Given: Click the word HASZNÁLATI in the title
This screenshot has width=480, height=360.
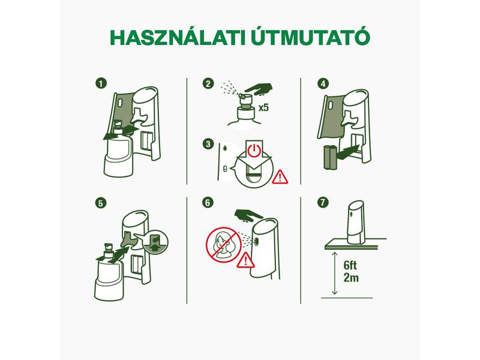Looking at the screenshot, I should coord(174,37).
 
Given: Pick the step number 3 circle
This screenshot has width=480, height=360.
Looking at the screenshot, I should coord(208,144).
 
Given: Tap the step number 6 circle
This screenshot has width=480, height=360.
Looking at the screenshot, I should coord(208,203).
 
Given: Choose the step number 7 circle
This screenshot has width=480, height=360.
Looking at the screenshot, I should coord(324,203).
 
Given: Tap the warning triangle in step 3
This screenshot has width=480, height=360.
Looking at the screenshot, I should coord(280,176).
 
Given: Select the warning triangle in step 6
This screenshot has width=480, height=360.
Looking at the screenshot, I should coord(245,261).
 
